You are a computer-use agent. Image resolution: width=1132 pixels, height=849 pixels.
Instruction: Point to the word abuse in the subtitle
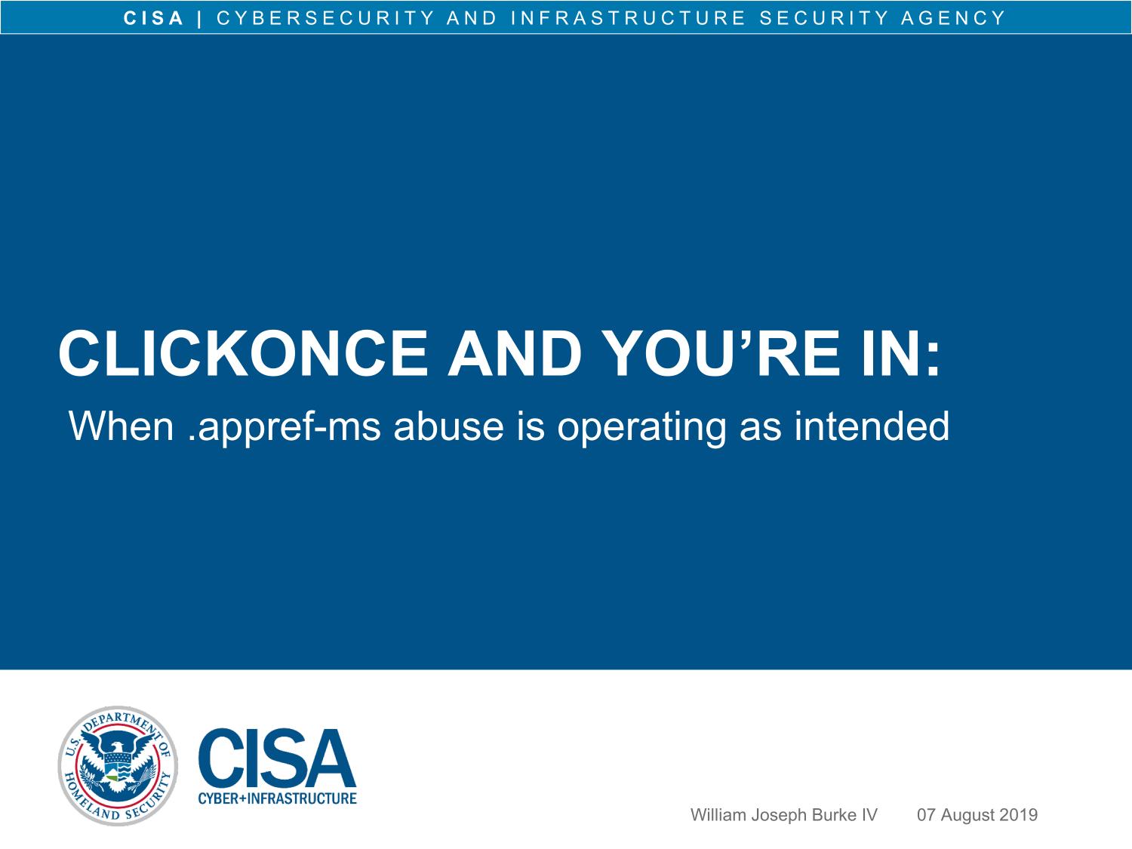448,427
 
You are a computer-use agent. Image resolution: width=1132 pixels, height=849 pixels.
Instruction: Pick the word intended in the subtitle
871,426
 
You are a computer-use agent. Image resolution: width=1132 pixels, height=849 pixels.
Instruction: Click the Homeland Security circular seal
118,765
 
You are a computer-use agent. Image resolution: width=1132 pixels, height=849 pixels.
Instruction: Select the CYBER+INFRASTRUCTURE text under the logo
278,798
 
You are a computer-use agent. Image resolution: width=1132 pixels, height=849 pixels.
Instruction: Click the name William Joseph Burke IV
783,814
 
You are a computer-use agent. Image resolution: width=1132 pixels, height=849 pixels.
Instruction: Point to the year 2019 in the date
1018,814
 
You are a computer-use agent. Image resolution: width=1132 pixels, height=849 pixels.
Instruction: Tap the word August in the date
967,816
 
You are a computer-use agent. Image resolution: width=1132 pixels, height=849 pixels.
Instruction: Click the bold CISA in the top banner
154,18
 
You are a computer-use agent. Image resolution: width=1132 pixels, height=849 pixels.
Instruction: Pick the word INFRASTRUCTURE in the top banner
628,18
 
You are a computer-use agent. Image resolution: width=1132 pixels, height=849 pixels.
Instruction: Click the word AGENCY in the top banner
953,18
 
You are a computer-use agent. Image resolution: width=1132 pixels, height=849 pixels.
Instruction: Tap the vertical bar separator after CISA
199,19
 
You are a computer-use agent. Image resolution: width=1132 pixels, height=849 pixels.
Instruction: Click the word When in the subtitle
122,426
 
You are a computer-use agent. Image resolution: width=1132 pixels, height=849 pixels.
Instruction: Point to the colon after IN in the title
934,360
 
